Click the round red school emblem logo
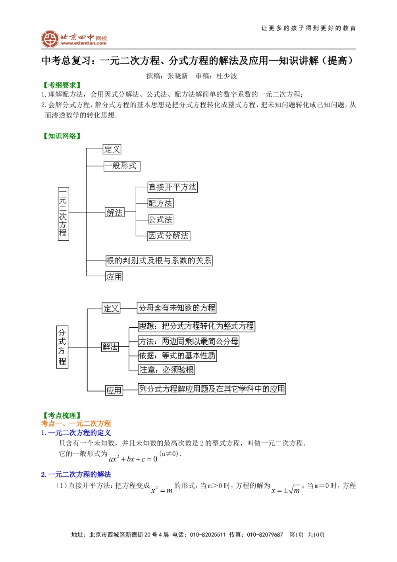(x=50, y=39)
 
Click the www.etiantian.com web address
(x=84, y=43)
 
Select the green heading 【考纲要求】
(x=62, y=85)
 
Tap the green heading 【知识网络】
(x=62, y=136)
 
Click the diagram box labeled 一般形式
(x=122, y=166)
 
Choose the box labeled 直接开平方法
(x=173, y=187)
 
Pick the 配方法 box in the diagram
(x=160, y=203)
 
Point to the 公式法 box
(x=160, y=220)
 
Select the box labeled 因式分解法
(x=169, y=236)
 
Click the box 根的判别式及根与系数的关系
(x=159, y=261)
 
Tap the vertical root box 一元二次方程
(x=63, y=214)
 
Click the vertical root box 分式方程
(x=62, y=347)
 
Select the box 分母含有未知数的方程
(x=177, y=308)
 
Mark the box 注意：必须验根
(x=167, y=370)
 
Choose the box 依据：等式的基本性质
(x=177, y=355)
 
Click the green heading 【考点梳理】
(x=62, y=415)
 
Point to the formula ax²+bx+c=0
(x=133, y=459)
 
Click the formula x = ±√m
(x=285, y=490)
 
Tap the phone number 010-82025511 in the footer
(x=208, y=535)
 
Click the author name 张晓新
(x=177, y=76)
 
